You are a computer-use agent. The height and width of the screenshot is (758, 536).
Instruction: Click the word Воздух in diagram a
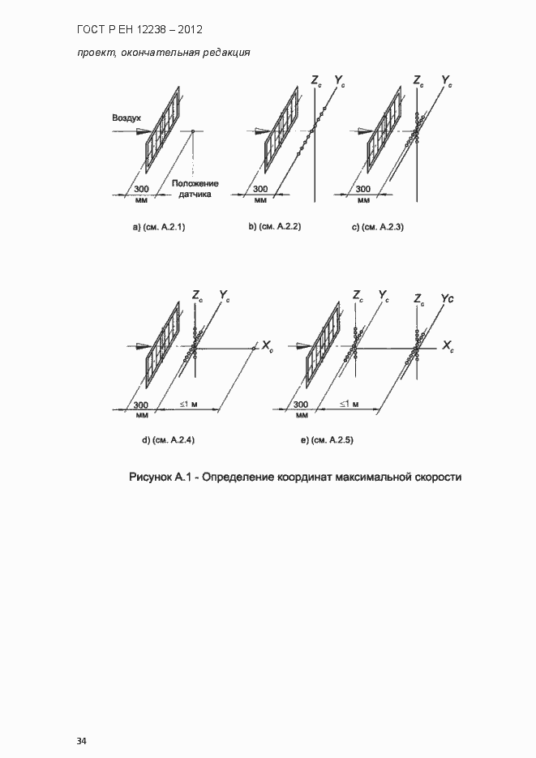(x=126, y=118)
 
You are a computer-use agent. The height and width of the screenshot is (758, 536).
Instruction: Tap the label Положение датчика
(x=195, y=189)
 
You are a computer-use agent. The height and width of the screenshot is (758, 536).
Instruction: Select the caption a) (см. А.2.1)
(x=159, y=228)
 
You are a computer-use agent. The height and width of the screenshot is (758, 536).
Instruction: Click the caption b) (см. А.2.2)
(x=275, y=227)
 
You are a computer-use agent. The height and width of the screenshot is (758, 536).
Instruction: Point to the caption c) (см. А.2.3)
(x=378, y=228)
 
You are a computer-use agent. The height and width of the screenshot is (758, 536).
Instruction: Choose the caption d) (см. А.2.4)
(x=168, y=440)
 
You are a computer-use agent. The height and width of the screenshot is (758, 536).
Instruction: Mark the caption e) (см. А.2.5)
(x=327, y=440)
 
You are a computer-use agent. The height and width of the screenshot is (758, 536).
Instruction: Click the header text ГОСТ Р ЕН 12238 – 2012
(x=139, y=30)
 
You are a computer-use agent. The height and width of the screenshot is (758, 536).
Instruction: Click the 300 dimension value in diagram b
(x=260, y=189)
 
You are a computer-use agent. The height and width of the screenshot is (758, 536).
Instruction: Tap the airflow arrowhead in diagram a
(x=144, y=131)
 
